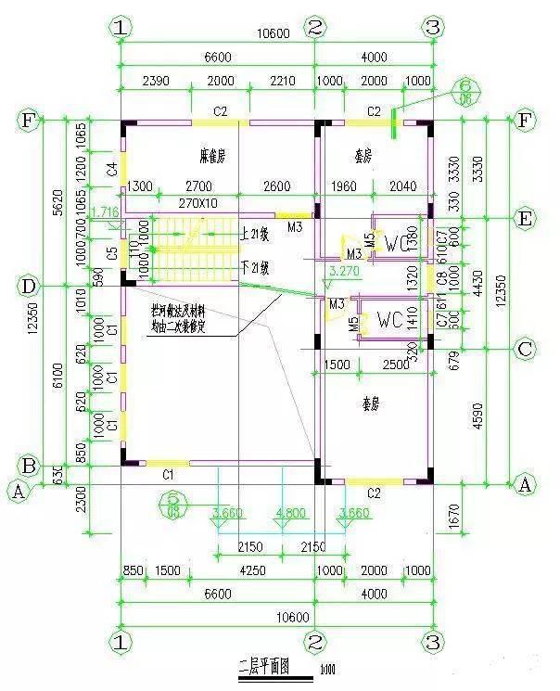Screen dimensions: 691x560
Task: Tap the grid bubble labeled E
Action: click(526, 220)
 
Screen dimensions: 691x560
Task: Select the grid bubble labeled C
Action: click(526, 349)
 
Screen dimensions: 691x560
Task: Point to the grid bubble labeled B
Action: click(29, 466)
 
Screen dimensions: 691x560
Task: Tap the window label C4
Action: click(111, 169)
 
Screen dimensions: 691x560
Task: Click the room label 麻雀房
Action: click(215, 153)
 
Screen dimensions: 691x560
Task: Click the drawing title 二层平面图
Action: click(265, 666)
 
